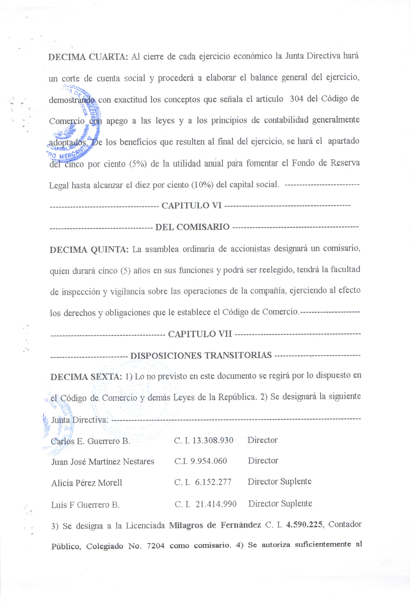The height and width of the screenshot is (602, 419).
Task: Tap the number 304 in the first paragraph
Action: (296, 99)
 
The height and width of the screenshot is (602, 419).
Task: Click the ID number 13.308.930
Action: (213, 440)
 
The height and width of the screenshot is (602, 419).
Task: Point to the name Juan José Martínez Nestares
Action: (103, 462)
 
